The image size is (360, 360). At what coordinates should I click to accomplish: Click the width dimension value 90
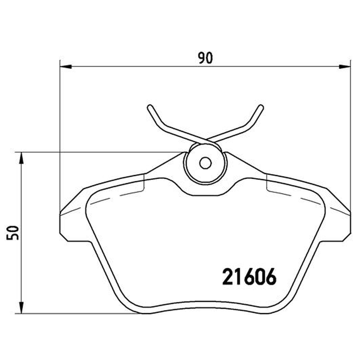click(x=206, y=58)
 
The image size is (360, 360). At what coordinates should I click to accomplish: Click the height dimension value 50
click(x=13, y=233)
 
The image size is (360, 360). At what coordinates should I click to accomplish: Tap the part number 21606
click(x=249, y=277)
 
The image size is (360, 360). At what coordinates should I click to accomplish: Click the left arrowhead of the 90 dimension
click(x=66, y=67)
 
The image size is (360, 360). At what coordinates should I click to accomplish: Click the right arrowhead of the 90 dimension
click(x=345, y=67)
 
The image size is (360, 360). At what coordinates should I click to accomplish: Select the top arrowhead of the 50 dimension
click(x=21, y=158)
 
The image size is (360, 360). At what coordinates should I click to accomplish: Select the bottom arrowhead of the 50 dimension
click(x=21, y=307)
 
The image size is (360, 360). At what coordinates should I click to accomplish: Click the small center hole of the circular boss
click(x=206, y=163)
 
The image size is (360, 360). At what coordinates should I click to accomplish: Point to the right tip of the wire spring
click(x=261, y=107)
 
